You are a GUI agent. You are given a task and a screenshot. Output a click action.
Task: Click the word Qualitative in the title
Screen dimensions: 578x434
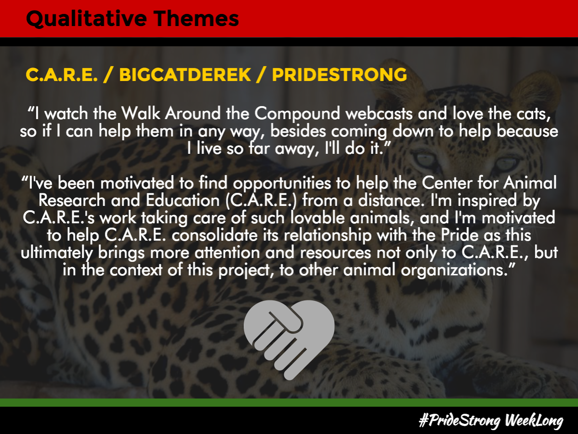tap(86, 19)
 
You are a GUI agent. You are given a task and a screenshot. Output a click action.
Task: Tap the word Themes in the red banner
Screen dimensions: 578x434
tap(196, 18)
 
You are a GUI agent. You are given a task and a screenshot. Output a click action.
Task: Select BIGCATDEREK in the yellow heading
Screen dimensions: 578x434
tap(185, 75)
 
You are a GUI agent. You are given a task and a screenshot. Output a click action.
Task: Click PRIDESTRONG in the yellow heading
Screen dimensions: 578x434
tap(340, 75)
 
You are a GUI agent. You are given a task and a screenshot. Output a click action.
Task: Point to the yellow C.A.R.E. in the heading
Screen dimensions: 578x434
tap(62, 75)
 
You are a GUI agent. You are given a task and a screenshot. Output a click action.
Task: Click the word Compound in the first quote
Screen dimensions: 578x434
tap(297, 114)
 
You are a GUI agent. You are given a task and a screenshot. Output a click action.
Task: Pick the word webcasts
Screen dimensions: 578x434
tap(379, 114)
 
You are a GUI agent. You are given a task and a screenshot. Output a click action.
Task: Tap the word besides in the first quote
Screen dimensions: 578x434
tap(298, 131)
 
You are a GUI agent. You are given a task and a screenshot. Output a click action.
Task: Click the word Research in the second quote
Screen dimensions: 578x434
tap(72, 200)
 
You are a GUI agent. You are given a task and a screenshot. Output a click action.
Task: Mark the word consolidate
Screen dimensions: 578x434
tap(215, 235)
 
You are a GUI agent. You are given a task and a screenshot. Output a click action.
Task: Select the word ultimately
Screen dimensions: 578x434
tap(57, 253)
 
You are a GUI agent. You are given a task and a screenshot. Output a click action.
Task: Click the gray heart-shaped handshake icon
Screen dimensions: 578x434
tap(289, 339)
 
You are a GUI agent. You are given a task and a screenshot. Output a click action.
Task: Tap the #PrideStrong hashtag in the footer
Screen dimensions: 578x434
tap(460, 420)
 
